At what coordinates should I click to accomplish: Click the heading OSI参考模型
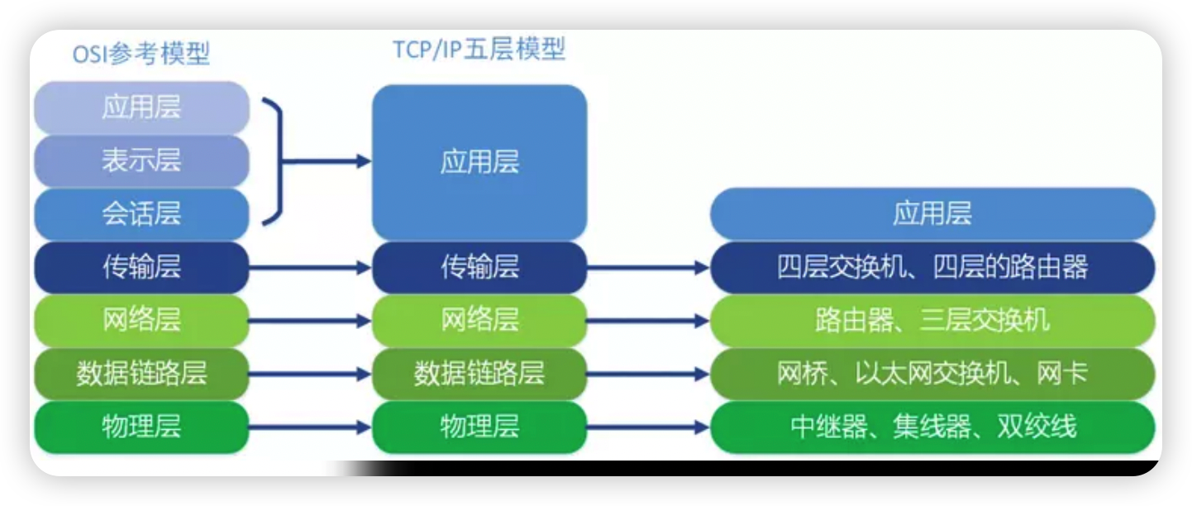tap(141, 55)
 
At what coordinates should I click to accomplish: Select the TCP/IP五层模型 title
tap(479, 50)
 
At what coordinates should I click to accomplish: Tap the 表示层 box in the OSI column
tap(141, 160)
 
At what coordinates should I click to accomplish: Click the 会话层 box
tap(141, 214)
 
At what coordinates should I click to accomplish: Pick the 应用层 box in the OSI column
tap(141, 107)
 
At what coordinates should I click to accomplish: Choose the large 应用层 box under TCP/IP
tap(479, 162)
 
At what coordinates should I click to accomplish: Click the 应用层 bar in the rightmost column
tap(932, 214)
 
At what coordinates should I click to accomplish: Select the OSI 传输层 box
tap(141, 267)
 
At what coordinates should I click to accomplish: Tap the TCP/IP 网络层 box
tap(479, 320)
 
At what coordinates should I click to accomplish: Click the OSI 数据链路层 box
tap(141, 374)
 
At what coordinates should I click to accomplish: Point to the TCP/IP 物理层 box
tap(479, 427)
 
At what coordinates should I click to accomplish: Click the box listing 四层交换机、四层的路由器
tap(932, 267)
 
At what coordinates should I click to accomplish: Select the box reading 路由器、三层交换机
tap(932, 320)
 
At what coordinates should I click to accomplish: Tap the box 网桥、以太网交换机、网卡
tap(932, 374)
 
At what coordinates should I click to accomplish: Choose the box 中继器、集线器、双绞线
tap(932, 427)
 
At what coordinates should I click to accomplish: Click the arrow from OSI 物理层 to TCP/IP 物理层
tap(310, 427)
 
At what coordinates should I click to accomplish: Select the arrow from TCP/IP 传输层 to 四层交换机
tap(648, 268)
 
